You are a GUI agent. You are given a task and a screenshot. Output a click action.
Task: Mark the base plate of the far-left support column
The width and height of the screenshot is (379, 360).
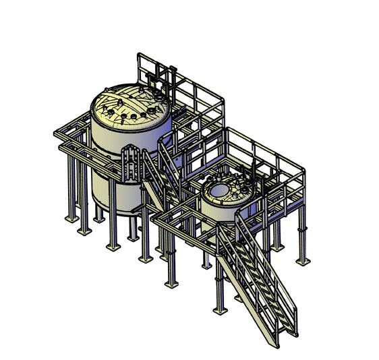pos(70,219)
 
